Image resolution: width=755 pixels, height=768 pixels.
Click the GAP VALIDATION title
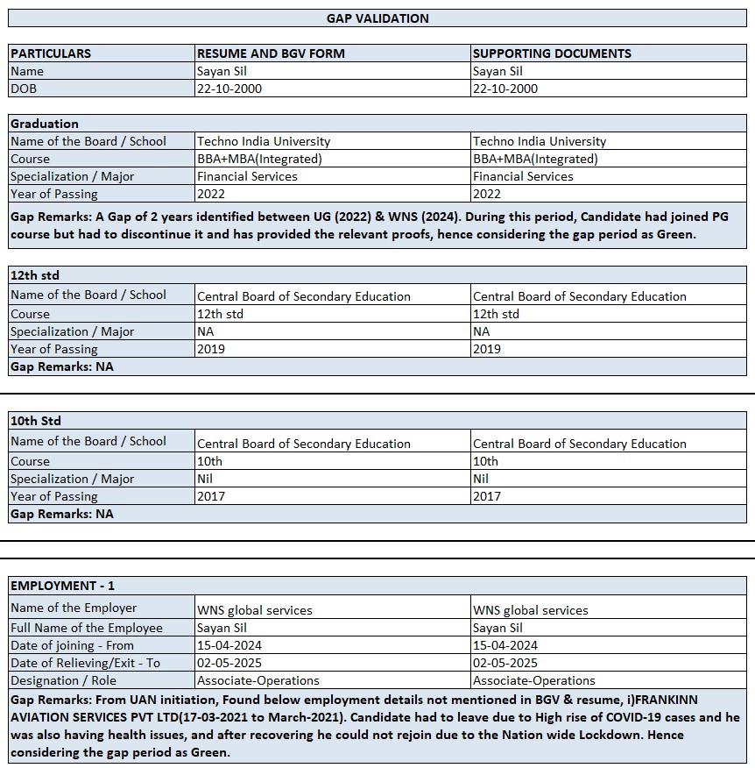click(377, 18)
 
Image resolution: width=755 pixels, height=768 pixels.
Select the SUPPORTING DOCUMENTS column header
click(552, 53)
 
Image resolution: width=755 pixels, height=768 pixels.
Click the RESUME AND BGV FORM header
click(271, 53)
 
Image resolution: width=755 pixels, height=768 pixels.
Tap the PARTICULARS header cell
click(51, 53)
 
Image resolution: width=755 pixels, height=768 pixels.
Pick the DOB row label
click(24, 89)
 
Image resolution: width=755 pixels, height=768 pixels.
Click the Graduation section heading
click(45, 124)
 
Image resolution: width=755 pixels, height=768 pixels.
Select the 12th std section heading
click(35, 275)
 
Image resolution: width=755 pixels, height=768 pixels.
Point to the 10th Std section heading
click(36, 421)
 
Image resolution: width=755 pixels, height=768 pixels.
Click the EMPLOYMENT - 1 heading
click(62, 586)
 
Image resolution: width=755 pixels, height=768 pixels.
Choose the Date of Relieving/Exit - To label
click(85, 663)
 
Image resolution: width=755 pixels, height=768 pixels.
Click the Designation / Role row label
click(63, 680)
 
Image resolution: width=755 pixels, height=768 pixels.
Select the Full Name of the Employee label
click(87, 628)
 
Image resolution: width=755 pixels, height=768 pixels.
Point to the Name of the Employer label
click(74, 608)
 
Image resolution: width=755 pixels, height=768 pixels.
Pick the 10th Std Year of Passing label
click(54, 496)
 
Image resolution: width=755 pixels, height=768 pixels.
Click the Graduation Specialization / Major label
click(73, 176)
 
